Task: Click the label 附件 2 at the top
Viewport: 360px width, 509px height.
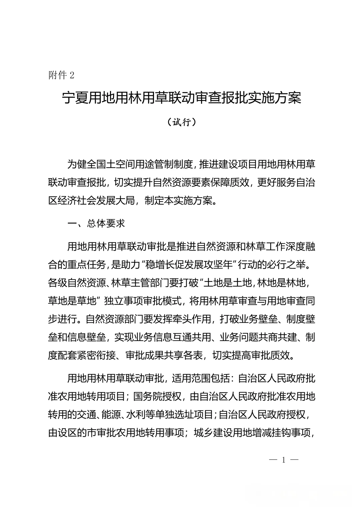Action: pyautogui.click(x=61, y=75)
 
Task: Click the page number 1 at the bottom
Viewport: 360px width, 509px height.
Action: pyautogui.click(x=284, y=460)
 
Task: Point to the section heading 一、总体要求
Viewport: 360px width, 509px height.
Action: pyautogui.click(x=96, y=223)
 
